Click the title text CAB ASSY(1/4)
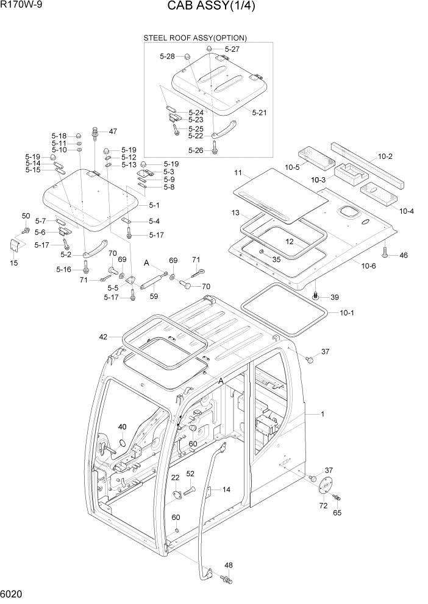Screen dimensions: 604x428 tap(215, 7)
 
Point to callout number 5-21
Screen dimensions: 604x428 tap(259, 113)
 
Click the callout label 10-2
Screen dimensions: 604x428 tap(385, 156)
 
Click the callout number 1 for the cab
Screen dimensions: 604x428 tap(323, 415)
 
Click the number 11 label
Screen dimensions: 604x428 tap(238, 174)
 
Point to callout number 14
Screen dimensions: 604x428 tap(226, 490)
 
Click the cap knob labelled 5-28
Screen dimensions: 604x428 tap(187, 57)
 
